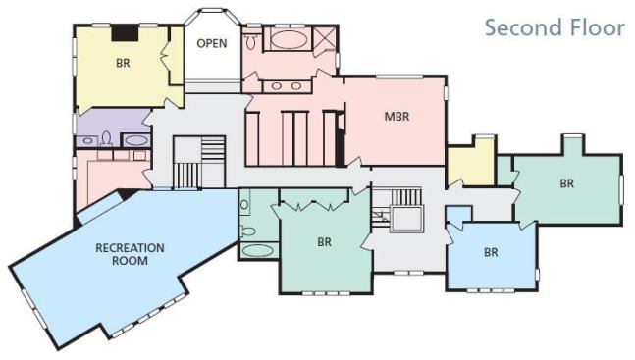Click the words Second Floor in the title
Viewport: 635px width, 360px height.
[x=555, y=27]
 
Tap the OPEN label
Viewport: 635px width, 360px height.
[x=212, y=43]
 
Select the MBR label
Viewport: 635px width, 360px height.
[x=397, y=117]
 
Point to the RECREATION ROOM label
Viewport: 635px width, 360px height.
[x=130, y=254]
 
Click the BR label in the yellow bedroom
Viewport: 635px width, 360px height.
[x=123, y=63]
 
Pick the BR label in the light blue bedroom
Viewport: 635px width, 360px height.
[x=491, y=253]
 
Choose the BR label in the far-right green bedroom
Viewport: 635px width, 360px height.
[x=567, y=183]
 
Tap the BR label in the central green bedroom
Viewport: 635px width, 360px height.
[x=325, y=242]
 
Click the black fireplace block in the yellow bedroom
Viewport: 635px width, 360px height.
[x=126, y=33]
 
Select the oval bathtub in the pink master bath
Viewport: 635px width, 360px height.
[x=288, y=39]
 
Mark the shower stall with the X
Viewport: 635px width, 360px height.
[x=325, y=38]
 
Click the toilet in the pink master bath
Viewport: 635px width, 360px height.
[x=251, y=41]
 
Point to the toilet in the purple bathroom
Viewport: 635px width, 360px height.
[x=107, y=139]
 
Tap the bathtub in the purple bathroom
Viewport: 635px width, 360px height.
[x=136, y=140]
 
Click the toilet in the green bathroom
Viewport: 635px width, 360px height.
[x=247, y=231]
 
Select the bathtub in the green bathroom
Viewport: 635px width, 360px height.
[x=258, y=250]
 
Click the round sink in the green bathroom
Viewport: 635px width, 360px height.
[x=244, y=204]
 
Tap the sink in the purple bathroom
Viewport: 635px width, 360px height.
[x=87, y=141]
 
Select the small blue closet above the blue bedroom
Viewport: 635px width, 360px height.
[x=459, y=214]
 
